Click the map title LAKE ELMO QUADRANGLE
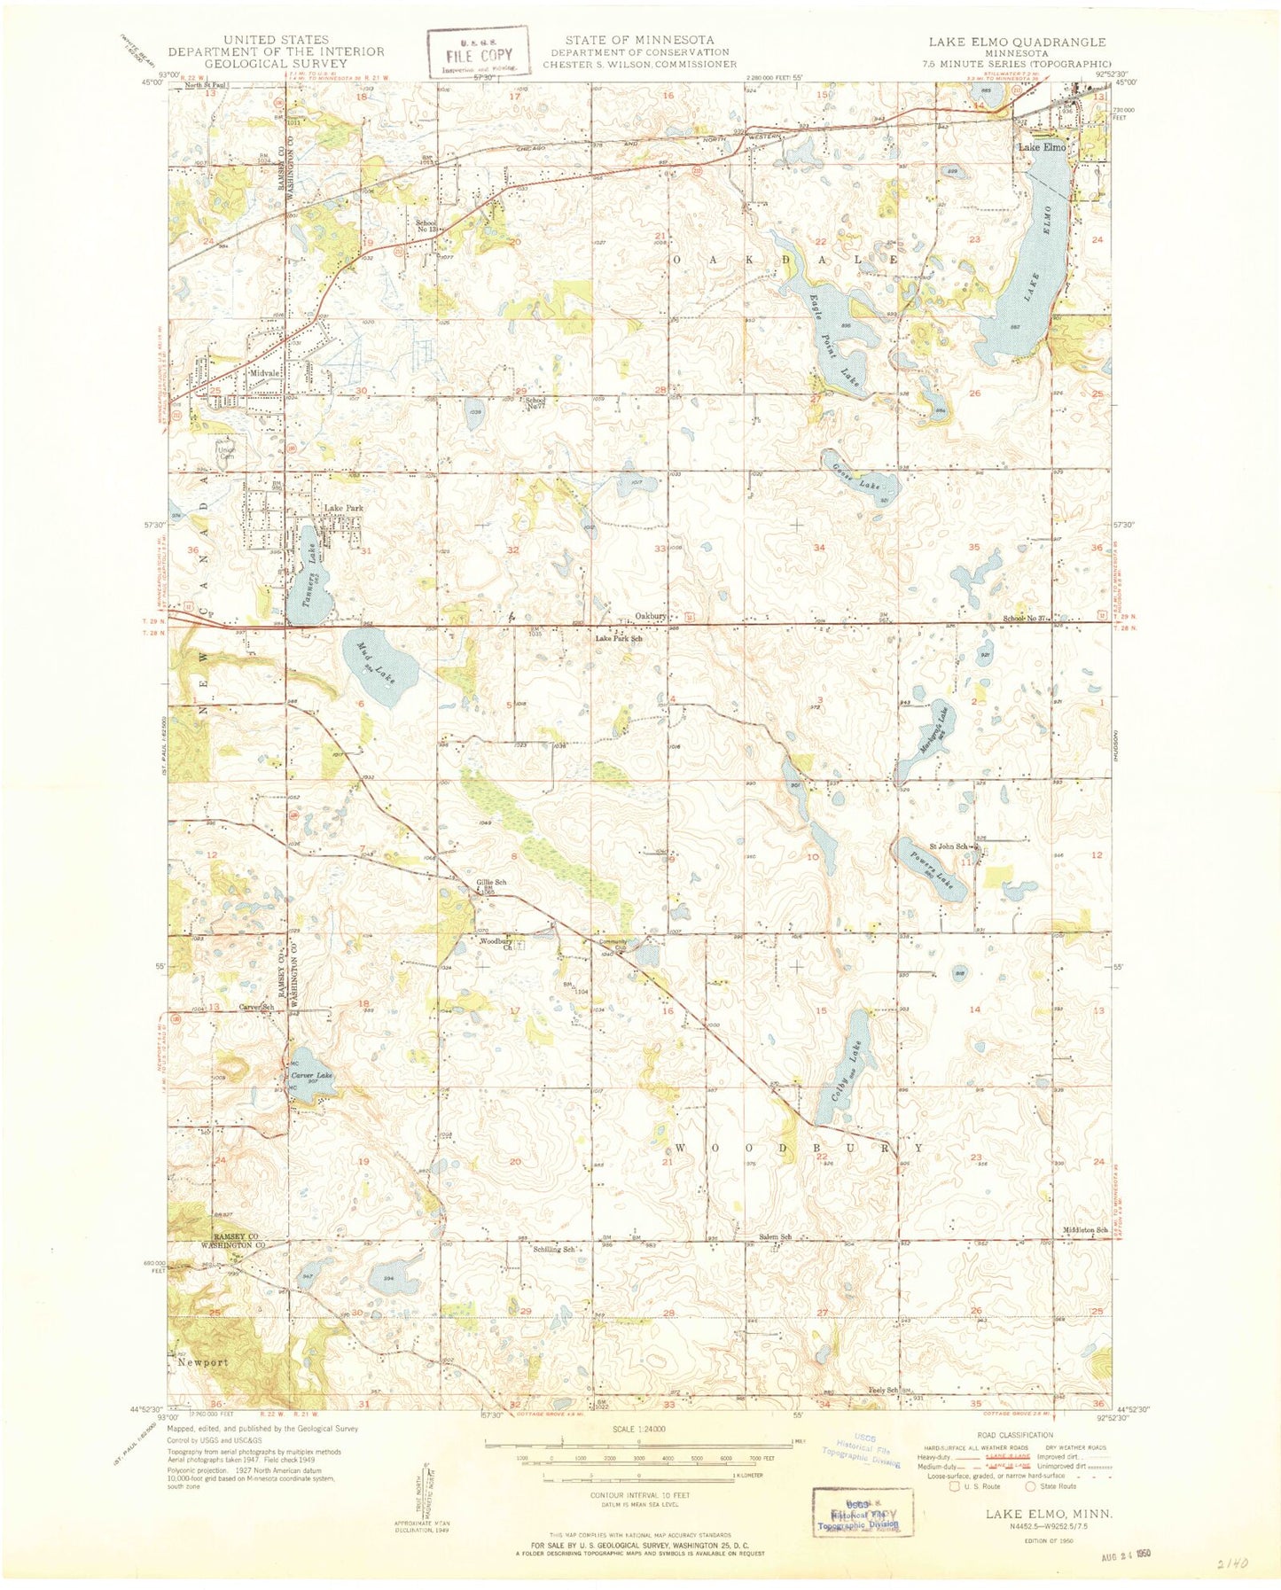click(x=1017, y=42)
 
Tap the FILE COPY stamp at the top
click(x=479, y=52)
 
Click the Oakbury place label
click(x=651, y=615)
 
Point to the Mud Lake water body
click(x=379, y=667)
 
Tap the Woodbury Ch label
click(x=496, y=944)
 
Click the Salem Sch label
click(x=774, y=1237)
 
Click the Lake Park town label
click(x=343, y=508)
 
